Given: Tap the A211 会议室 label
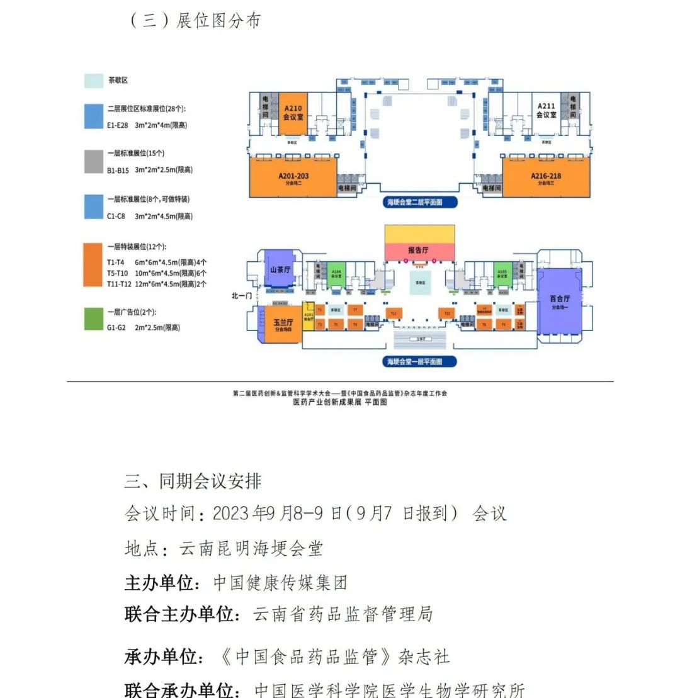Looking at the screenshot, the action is (545, 110).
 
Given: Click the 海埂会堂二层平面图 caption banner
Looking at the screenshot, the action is (421, 203).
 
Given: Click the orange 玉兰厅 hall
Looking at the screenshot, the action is (280, 324).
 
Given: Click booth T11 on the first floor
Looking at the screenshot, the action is (394, 313).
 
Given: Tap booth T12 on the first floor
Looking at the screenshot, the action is (448, 313).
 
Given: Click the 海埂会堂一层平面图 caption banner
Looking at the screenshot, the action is (421, 362).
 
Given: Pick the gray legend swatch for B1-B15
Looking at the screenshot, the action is (93, 162).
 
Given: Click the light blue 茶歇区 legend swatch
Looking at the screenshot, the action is (93, 81).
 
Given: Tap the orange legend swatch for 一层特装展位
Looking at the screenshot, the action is (93, 264).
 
